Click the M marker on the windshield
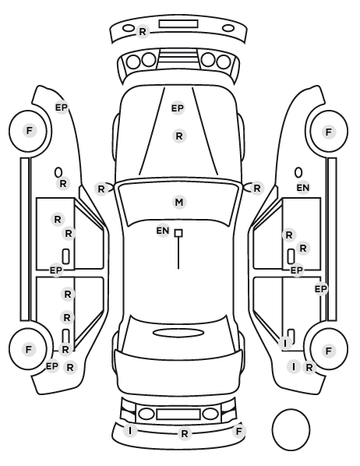(179, 203)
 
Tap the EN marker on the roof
(163, 231)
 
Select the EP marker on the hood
(178, 108)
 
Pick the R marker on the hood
(179, 136)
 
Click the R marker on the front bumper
(143, 31)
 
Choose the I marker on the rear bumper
(130, 430)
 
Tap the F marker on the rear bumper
(239, 431)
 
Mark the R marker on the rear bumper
(185, 434)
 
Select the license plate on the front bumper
(178, 24)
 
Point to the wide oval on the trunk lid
(178, 333)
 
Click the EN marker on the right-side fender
(303, 188)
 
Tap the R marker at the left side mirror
(101, 189)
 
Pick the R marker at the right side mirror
(257, 188)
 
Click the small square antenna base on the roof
(178, 233)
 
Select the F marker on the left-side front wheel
(29, 130)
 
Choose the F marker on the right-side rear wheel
(329, 351)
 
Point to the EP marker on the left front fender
(62, 108)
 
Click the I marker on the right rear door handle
(285, 343)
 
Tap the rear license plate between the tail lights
(178, 414)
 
